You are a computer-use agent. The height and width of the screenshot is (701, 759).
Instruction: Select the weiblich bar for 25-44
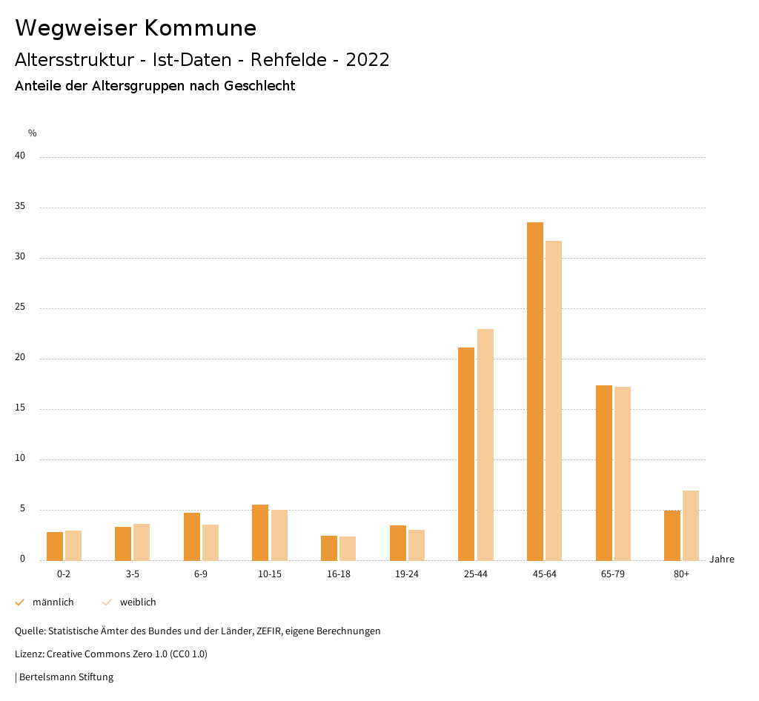[485, 445]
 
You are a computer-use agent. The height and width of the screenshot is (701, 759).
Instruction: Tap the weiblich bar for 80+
[691, 525]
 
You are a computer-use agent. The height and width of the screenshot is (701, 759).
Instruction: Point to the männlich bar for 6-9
[192, 536]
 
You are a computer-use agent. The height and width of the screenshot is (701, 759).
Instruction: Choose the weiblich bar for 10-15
[279, 535]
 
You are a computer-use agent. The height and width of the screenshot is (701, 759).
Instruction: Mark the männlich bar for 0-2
[55, 546]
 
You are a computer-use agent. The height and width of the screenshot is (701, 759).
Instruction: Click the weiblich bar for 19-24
[417, 545]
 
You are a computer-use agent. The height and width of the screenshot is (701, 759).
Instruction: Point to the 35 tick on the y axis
[20, 207]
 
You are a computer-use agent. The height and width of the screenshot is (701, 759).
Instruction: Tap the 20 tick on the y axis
[20, 358]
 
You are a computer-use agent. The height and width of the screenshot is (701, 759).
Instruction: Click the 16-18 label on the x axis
[338, 574]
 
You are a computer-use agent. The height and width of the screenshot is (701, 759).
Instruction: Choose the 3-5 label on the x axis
[132, 574]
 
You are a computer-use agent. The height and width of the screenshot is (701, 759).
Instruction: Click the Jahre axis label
[722, 559]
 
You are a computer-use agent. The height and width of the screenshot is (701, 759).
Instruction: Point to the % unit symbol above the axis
[33, 133]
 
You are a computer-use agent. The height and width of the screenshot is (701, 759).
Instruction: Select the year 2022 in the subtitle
[368, 60]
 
